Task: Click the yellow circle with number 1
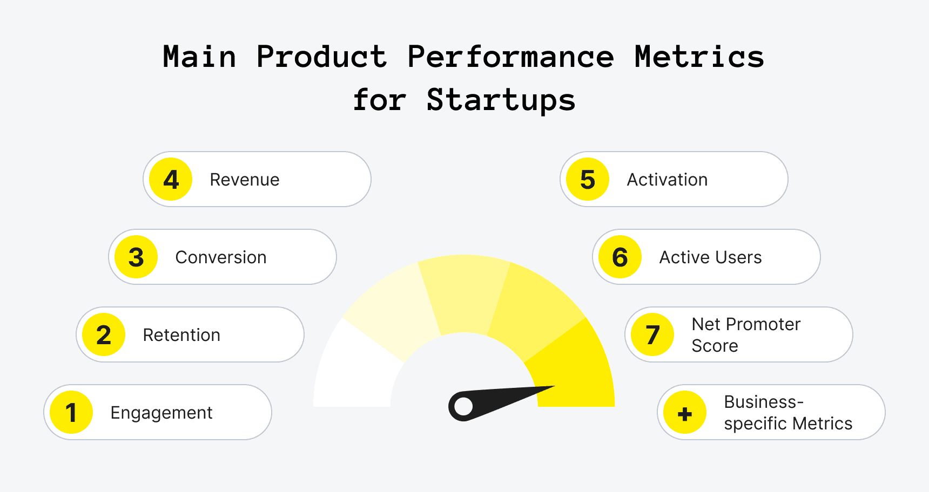point(71,412)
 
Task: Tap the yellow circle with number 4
point(171,179)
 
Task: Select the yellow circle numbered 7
point(652,334)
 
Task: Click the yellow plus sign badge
point(685,413)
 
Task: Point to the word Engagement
point(161,413)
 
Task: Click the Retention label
point(181,335)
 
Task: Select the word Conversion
point(220,257)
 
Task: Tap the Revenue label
point(244,180)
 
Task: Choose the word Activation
point(667,180)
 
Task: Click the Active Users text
point(710,257)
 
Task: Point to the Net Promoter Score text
point(745,334)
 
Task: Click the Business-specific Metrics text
point(787,413)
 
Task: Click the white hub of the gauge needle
point(463,407)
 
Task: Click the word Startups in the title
point(501,100)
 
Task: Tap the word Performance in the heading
point(510,57)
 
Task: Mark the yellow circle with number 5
point(588,179)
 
